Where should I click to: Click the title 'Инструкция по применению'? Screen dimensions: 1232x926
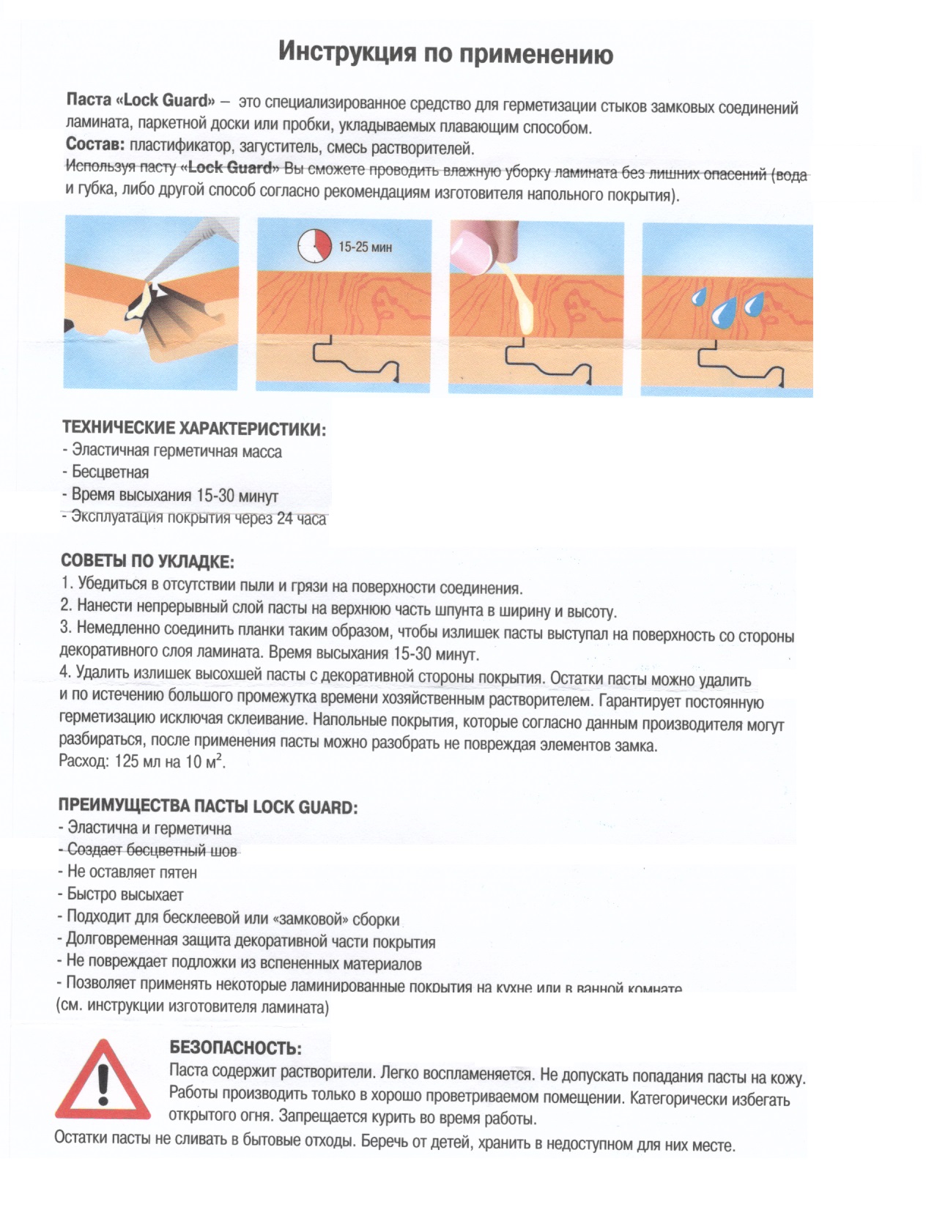click(445, 53)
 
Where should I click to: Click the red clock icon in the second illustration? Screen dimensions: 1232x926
click(314, 245)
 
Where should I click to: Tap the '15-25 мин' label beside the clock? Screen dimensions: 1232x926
click(365, 248)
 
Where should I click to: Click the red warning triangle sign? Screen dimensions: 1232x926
click(103, 1080)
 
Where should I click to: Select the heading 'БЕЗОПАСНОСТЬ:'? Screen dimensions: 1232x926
click(235, 1048)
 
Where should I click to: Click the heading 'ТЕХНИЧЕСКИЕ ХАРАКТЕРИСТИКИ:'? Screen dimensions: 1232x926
click(194, 428)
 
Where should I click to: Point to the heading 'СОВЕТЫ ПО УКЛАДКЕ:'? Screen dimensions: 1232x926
click(147, 562)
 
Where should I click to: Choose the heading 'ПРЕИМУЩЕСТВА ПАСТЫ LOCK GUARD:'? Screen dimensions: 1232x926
click(208, 807)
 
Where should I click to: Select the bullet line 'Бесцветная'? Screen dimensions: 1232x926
click(110, 472)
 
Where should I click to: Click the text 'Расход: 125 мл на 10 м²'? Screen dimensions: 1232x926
click(142, 761)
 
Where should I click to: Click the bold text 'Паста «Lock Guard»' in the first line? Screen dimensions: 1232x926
click(141, 100)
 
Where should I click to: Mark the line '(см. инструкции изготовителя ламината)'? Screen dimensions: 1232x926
click(193, 1006)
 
